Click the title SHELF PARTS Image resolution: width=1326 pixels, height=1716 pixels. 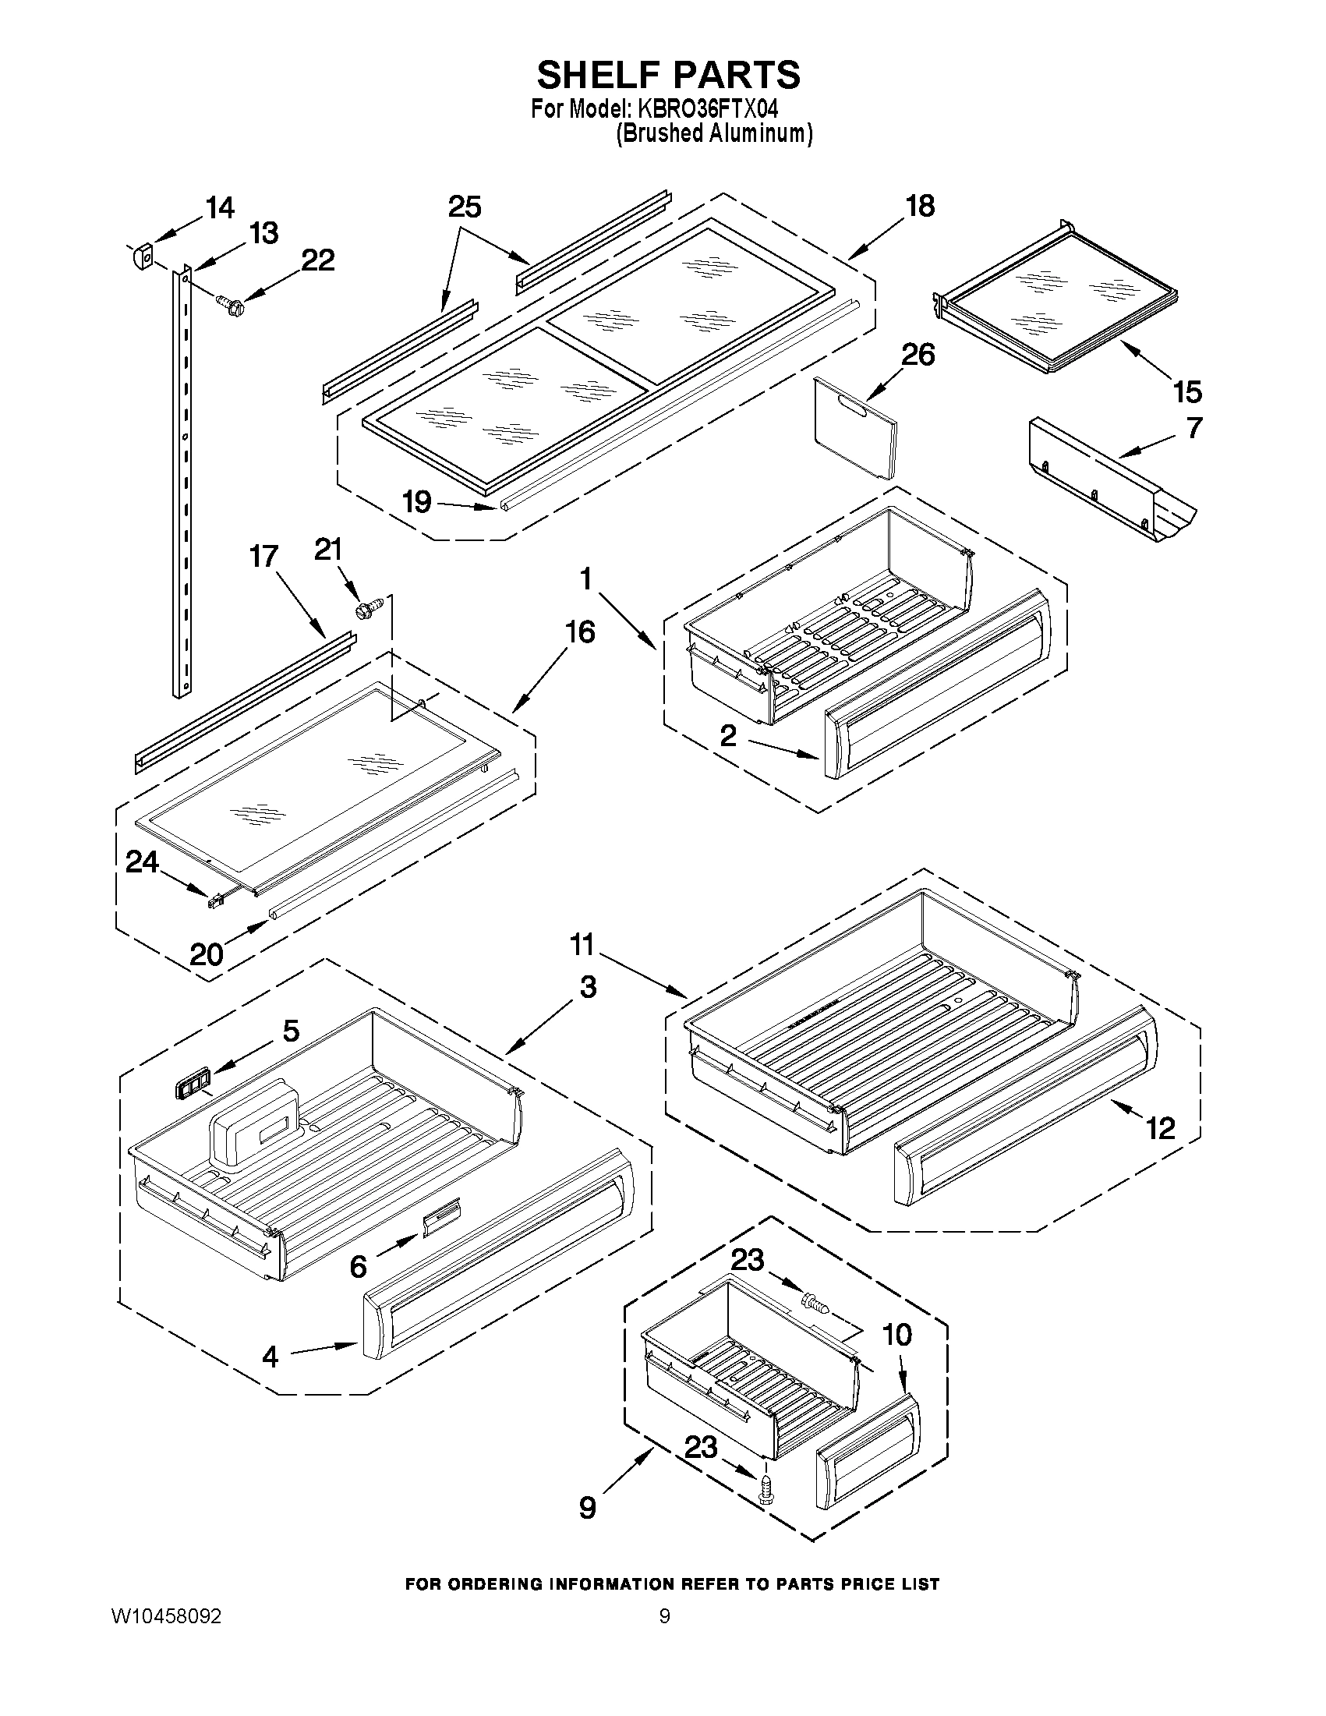(669, 76)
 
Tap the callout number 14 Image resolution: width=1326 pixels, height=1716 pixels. (220, 208)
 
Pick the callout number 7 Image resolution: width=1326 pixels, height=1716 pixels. (1193, 428)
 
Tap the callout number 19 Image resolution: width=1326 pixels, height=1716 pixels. (417, 501)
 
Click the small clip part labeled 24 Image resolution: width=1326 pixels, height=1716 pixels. (214, 901)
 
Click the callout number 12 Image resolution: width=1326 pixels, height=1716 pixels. (1160, 1129)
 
